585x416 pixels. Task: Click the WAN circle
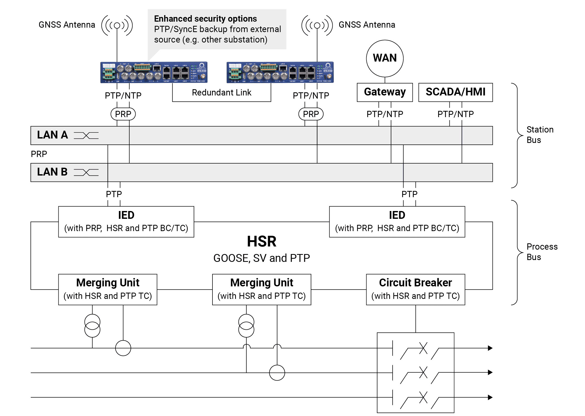(385, 58)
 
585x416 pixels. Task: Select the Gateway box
(385, 92)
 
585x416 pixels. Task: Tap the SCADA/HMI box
(455, 92)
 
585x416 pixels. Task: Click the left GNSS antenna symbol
(117, 26)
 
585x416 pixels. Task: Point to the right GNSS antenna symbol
(317, 26)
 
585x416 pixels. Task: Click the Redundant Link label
(221, 93)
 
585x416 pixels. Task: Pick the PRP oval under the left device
(123, 114)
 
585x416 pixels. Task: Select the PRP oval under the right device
(311, 114)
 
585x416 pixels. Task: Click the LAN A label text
(52, 135)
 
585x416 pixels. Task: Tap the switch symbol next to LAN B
(86, 172)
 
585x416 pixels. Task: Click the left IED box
(126, 222)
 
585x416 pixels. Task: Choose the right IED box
(397, 222)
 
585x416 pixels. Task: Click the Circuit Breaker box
(415, 289)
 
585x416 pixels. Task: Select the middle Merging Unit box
(261, 289)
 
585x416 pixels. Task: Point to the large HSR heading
(261, 242)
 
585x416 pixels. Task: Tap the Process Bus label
(541, 252)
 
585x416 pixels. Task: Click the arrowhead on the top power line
(490, 348)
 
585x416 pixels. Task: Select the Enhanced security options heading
(205, 19)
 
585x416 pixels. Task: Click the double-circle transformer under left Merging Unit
(92, 326)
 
